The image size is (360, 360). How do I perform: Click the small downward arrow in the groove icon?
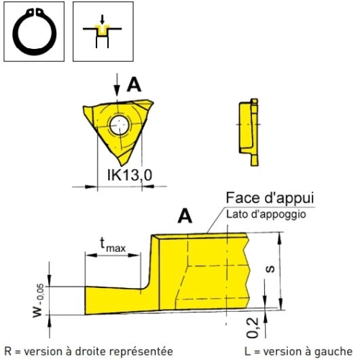pyautogui.click(x=102, y=19)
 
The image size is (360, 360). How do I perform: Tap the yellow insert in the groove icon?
pyautogui.click(x=102, y=30)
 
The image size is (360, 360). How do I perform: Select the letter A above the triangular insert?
pyautogui.click(x=134, y=85)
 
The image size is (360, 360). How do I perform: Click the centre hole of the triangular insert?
pyautogui.click(x=120, y=125)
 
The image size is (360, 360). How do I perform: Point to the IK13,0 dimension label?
pyautogui.click(x=130, y=175)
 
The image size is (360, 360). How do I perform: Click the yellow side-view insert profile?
pyautogui.click(x=249, y=132)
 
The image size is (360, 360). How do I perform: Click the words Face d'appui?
pyautogui.click(x=270, y=198)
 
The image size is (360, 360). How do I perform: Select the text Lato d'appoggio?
pyautogui.click(x=266, y=215)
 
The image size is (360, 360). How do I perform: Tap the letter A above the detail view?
pyautogui.click(x=185, y=216)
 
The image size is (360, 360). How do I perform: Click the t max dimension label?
pyautogui.click(x=113, y=245)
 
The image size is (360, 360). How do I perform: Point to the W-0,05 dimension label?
pyautogui.click(x=38, y=301)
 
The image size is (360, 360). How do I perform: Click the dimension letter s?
pyautogui.click(x=271, y=269)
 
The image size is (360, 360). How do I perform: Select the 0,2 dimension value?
pyautogui.click(x=253, y=328)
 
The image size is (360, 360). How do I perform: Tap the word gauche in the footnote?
pyautogui.click(x=333, y=351)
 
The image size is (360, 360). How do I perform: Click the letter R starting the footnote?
pyautogui.click(x=8, y=351)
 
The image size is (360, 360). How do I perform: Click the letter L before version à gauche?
pyautogui.click(x=248, y=351)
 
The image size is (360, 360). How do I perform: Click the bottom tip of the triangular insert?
pyautogui.click(x=122, y=166)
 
